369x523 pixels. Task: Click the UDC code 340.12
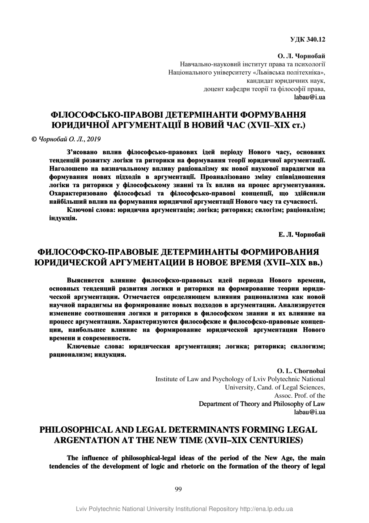[314, 40]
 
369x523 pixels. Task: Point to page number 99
[178, 489]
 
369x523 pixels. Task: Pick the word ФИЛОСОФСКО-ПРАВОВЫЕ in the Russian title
[96, 252]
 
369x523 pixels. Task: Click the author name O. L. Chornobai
[301, 371]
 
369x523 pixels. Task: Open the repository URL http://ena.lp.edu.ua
[266, 509]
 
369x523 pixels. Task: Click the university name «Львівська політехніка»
[286, 72]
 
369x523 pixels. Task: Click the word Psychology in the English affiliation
[224, 379]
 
